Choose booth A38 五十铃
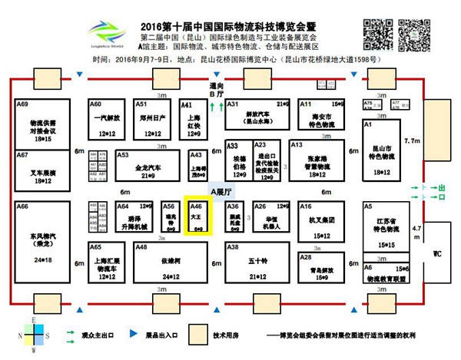tap(256, 263)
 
